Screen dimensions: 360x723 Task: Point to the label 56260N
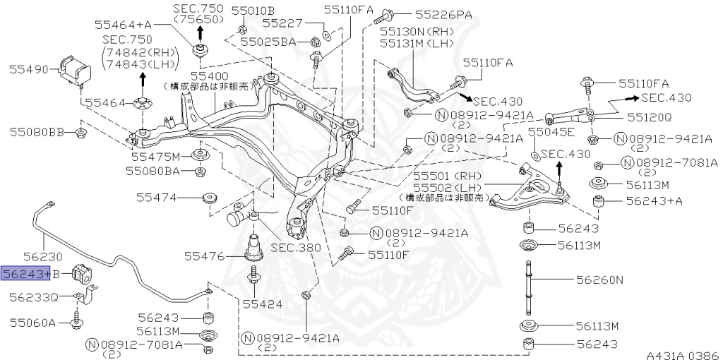(x=599, y=280)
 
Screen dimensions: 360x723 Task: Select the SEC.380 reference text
(x=295, y=248)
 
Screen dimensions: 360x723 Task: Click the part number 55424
(x=262, y=304)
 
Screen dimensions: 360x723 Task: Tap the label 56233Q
(x=33, y=297)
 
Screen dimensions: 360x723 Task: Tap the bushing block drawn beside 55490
(x=75, y=69)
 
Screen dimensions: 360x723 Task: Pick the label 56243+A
(x=655, y=201)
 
